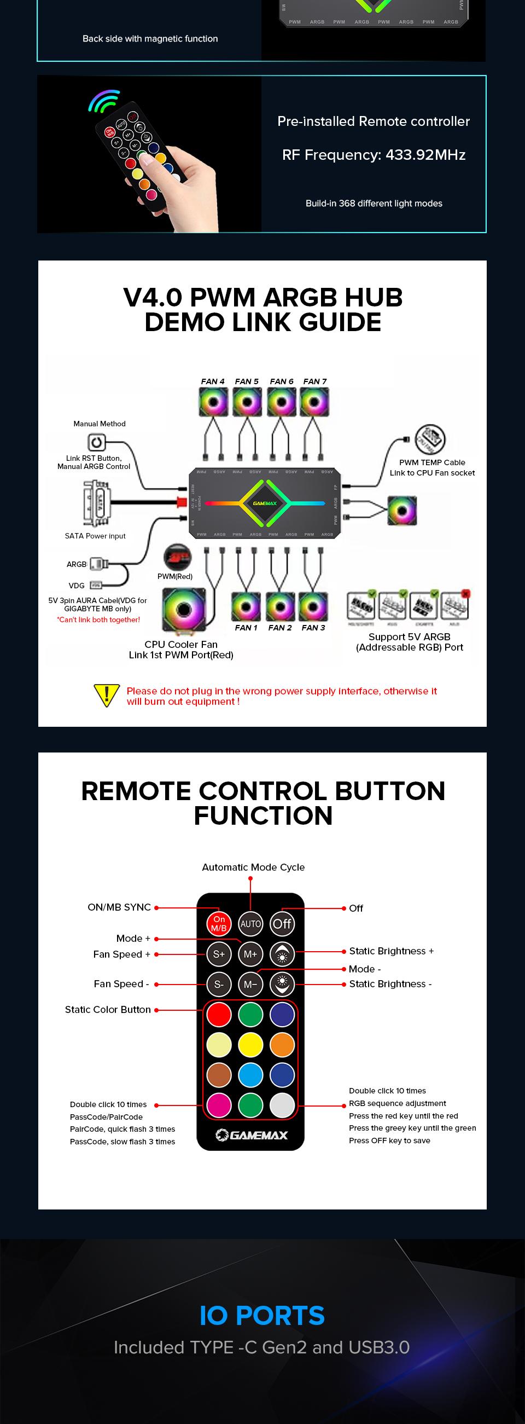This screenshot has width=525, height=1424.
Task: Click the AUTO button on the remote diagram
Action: point(250,924)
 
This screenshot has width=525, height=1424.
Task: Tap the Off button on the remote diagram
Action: point(282,924)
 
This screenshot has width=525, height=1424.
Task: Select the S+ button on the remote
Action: point(219,953)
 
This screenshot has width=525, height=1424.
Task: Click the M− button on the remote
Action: point(250,984)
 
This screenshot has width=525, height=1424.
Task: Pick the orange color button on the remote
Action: point(282,1045)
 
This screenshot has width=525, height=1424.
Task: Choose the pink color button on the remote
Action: point(219,1105)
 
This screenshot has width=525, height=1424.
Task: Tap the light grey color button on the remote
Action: point(282,1105)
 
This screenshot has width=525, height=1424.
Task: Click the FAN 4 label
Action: point(213,381)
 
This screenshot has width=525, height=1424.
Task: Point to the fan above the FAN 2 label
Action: point(280,607)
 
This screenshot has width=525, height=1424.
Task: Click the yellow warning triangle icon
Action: point(107,695)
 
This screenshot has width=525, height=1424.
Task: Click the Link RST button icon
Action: point(96,442)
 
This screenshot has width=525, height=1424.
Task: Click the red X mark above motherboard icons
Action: point(465,594)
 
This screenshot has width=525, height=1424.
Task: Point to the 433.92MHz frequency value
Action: point(425,155)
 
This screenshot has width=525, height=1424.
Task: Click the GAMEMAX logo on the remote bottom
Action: point(252,1135)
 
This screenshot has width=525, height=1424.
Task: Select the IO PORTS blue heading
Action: point(262,1316)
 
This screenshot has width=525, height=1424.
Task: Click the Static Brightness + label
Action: point(391,951)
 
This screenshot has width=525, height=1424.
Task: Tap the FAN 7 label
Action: point(315,381)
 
